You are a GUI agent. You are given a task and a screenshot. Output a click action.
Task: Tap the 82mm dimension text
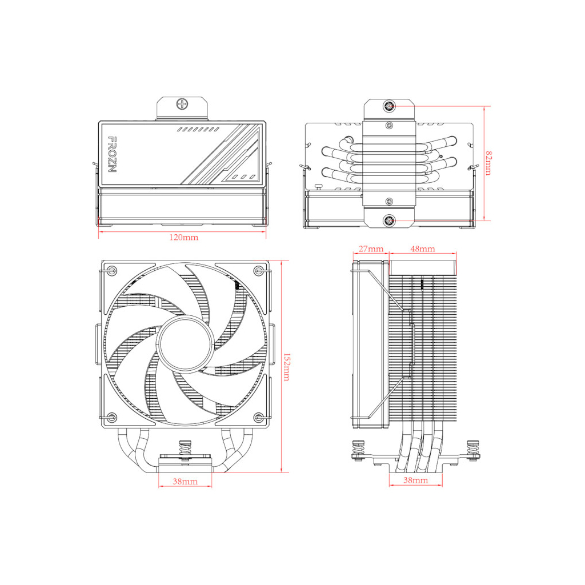coord(488,163)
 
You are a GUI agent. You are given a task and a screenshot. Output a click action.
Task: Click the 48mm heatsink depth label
coord(423,249)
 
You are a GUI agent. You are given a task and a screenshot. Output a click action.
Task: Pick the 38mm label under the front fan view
coord(185,482)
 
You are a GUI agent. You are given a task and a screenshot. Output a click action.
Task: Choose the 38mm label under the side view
coord(416,480)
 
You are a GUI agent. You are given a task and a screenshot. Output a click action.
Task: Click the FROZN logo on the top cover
coord(113,155)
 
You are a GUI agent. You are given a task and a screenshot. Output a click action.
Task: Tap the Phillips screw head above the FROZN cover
coord(183,104)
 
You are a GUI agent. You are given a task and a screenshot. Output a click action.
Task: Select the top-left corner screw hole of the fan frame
coord(112,270)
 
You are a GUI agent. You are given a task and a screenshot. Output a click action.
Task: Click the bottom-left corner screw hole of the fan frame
coord(112,416)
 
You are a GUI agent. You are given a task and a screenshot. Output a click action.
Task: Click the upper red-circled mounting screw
coord(389,106)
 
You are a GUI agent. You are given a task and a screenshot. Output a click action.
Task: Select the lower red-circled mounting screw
coord(389,220)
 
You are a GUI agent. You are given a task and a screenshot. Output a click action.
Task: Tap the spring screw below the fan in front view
coord(185,448)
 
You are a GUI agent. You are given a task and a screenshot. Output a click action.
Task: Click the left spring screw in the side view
coord(359,449)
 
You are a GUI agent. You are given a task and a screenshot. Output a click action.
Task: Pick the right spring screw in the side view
coord(472,449)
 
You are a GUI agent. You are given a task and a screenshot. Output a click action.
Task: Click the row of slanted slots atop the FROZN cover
coord(194,130)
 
